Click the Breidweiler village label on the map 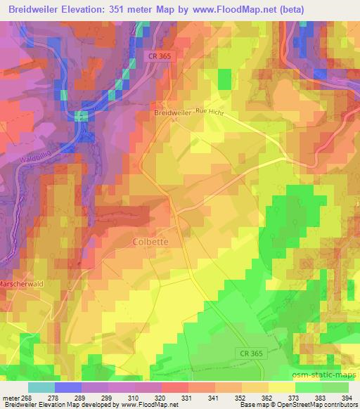tap(173, 112)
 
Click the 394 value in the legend tap(347, 398)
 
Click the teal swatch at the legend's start tap(41, 387)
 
